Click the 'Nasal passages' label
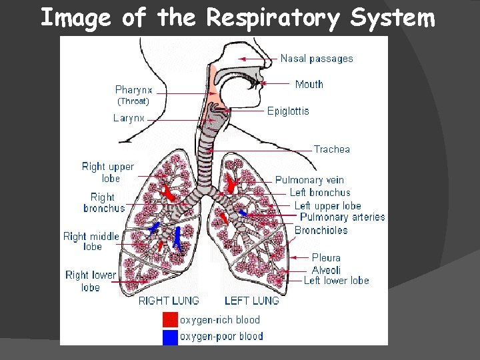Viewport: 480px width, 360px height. (317, 59)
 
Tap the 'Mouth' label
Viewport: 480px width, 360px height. (309, 84)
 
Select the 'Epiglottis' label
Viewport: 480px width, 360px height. (288, 111)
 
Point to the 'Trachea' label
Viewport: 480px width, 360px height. (332, 149)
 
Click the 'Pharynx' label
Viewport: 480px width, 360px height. (134, 90)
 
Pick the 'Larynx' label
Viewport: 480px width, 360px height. (129, 118)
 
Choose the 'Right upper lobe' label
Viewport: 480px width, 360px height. (108, 173)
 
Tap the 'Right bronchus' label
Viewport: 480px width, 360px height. (104, 203)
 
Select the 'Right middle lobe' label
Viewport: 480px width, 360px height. (91, 241)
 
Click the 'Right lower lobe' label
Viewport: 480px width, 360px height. (91, 281)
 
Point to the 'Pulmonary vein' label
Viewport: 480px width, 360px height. (309, 180)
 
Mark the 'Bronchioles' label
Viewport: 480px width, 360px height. (321, 231)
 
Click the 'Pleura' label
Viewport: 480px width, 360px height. (326, 257)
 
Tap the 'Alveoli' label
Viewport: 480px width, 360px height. (326, 270)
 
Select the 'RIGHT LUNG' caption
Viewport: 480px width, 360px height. (169, 301)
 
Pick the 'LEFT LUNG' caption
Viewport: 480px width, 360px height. (251, 301)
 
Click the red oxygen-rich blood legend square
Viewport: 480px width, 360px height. (171, 320)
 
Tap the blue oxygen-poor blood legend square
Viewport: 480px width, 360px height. (171, 337)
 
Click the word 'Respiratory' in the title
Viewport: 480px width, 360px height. (273, 18)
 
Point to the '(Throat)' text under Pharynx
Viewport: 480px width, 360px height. (133, 102)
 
